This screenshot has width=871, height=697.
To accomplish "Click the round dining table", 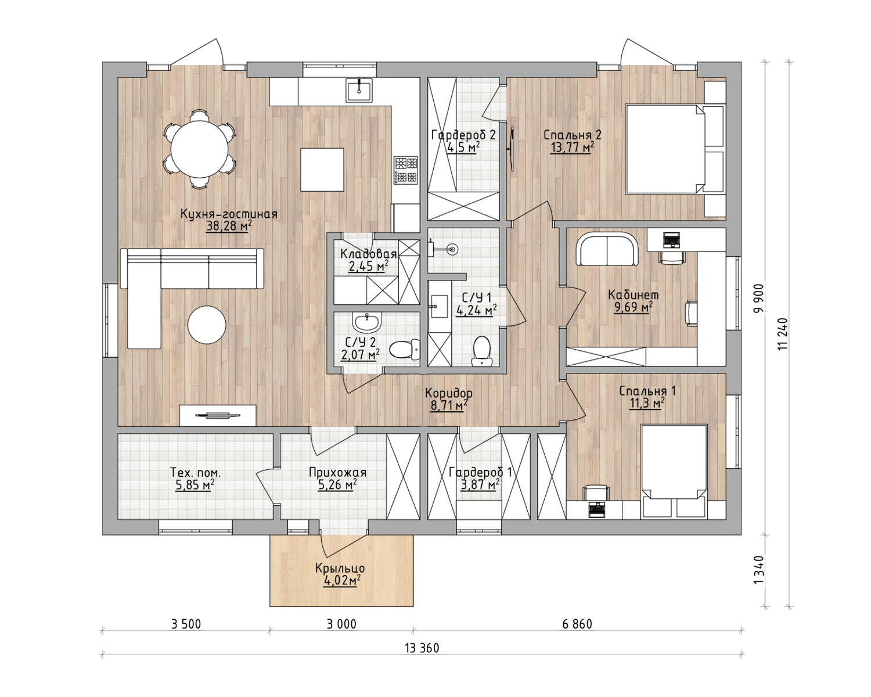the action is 199,149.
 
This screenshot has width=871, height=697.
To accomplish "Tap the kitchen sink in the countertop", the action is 359,90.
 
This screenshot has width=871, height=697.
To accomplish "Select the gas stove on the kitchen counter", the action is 405,171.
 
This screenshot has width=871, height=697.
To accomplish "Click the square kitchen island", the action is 322,169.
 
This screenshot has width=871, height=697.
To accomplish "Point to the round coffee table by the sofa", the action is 207,325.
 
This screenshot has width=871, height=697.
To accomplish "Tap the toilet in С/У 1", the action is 481,350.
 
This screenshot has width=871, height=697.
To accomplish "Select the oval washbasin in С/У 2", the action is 367,322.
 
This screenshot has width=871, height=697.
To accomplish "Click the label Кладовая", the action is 368,254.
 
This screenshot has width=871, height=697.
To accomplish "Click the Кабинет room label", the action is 634,295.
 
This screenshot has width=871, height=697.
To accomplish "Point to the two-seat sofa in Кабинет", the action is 607,249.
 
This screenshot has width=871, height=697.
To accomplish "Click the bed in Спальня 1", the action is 674,472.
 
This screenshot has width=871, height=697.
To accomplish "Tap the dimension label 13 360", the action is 422,648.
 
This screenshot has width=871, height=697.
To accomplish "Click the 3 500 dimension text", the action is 186,624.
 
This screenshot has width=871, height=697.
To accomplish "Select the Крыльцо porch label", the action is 340,569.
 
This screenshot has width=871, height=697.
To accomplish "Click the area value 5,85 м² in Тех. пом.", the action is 195,485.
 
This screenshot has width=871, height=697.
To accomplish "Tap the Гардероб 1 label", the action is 481,472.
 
